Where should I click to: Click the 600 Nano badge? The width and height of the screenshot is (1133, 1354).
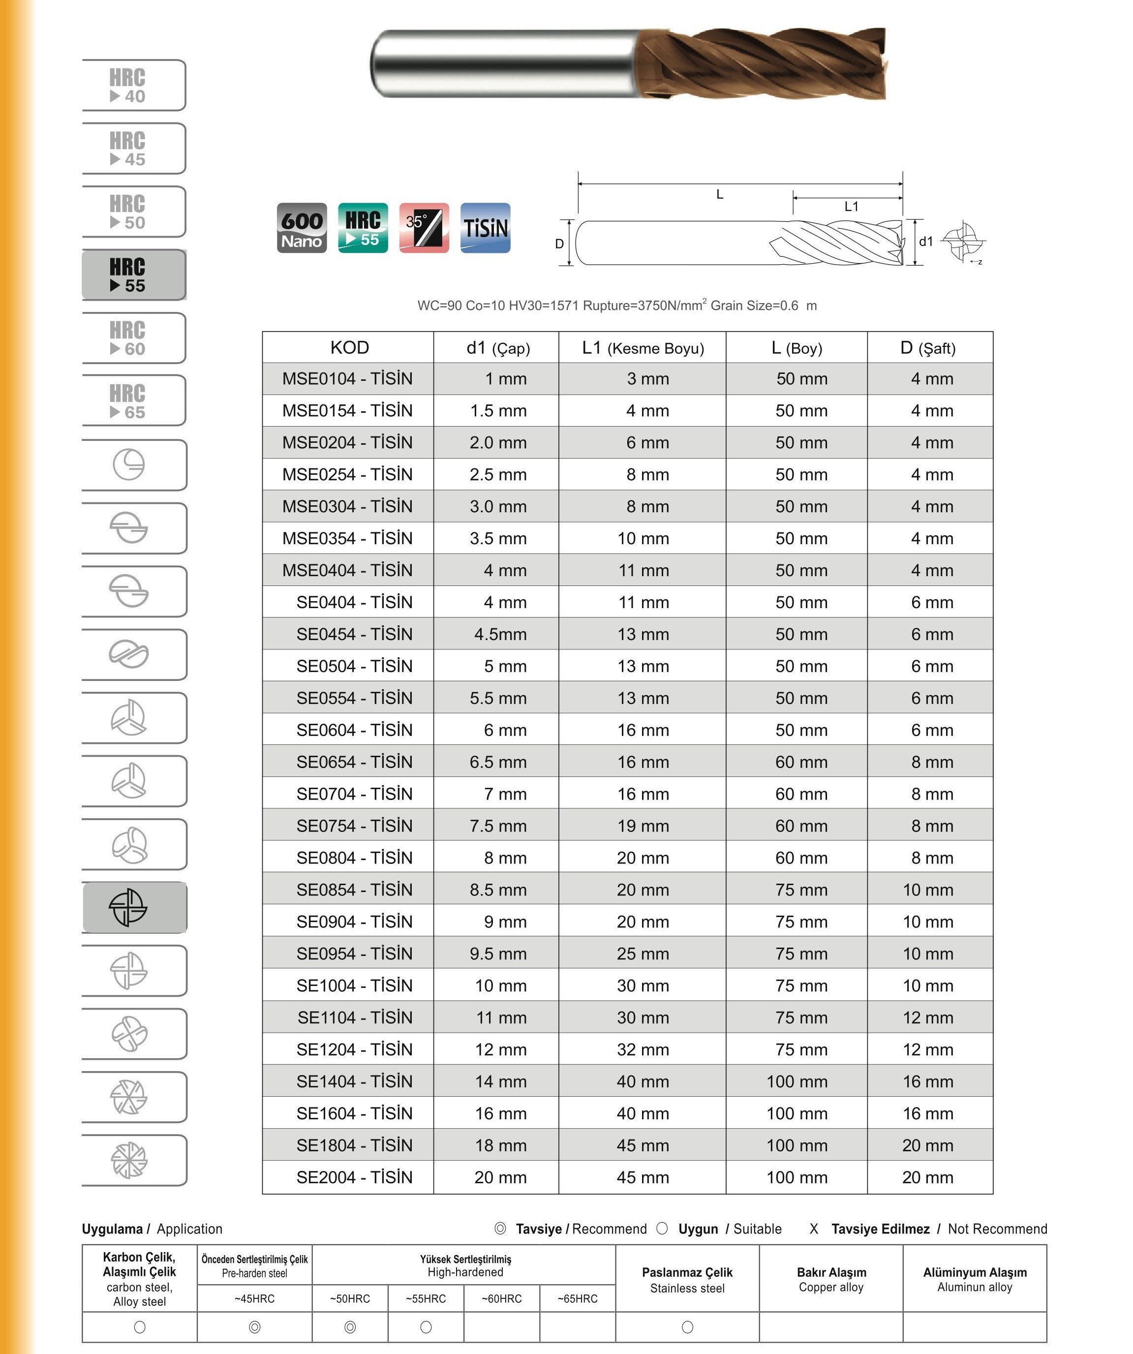click(x=302, y=228)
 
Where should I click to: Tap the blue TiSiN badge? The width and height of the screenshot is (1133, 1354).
click(x=485, y=228)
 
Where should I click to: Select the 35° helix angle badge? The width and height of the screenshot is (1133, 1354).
click(x=424, y=228)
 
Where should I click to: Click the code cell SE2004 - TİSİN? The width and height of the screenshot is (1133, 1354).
click(x=354, y=1178)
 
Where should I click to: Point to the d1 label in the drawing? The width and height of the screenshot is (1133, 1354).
click(x=926, y=242)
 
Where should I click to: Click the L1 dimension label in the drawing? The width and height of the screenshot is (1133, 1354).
click(x=851, y=206)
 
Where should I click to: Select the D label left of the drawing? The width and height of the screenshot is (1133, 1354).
click(x=559, y=244)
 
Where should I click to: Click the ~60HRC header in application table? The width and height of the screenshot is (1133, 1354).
click(x=501, y=1298)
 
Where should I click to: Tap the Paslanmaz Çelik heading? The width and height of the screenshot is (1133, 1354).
click(x=687, y=1273)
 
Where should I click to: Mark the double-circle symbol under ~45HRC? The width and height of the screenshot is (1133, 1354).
click(x=255, y=1327)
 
